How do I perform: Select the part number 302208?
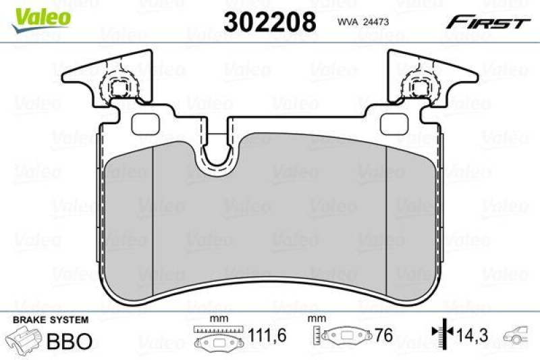[x=269, y=22]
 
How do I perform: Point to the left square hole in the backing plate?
[x=143, y=124]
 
